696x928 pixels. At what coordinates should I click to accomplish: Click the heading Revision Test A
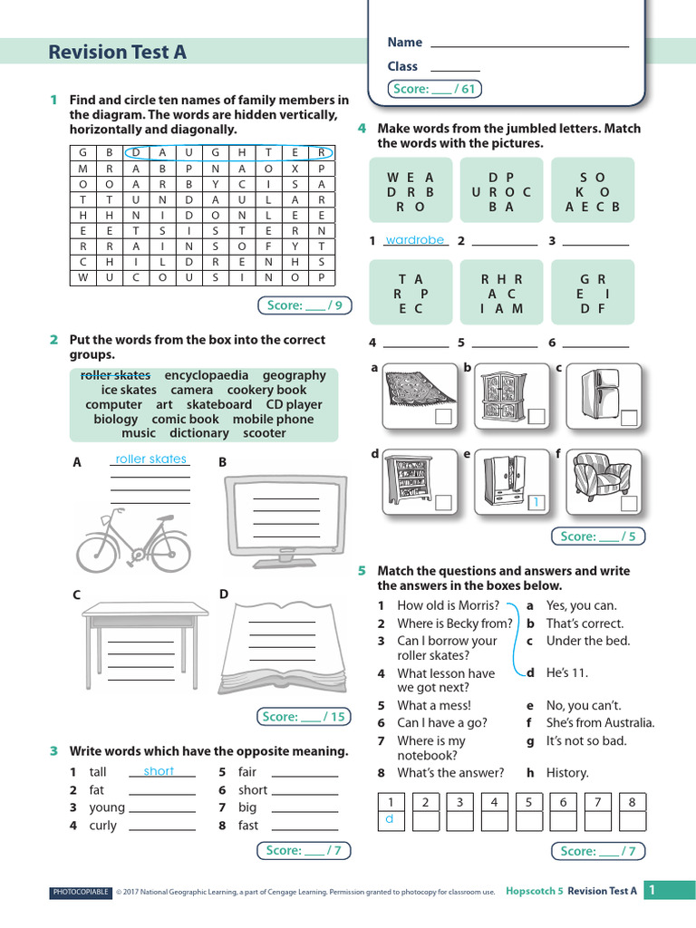pos(118,53)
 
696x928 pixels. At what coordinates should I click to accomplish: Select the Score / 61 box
pos(434,89)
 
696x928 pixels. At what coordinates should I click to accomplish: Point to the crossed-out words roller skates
pos(115,375)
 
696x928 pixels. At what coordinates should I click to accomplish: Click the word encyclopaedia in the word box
pos(206,375)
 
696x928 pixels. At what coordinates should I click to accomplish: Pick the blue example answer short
pos(159,771)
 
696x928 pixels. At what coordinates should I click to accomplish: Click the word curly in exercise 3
pos(102,826)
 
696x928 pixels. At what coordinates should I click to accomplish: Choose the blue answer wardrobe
pos(415,240)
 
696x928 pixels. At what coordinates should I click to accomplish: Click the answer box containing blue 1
pos(535,502)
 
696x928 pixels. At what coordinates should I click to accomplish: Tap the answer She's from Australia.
pos(600,723)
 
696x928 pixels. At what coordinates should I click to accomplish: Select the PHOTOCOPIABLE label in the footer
pos(81,893)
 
